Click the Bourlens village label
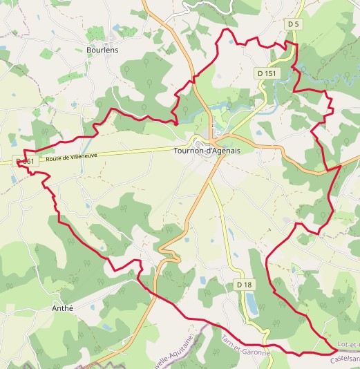click(103, 50)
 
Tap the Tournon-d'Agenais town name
click(206, 150)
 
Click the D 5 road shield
click(294, 24)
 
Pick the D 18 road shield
click(245, 285)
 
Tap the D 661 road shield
click(25, 162)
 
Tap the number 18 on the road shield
click(247, 285)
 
